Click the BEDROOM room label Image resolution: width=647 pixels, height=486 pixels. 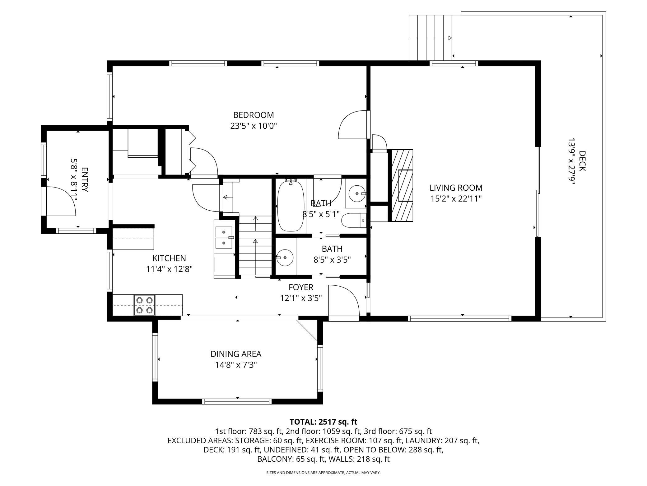tap(254, 115)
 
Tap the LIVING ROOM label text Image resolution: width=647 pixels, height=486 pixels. tap(456, 188)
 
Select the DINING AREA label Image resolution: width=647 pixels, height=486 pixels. tap(236, 354)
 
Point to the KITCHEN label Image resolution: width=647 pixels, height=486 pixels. tap(169, 258)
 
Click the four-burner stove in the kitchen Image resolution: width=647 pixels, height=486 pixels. tap(145, 305)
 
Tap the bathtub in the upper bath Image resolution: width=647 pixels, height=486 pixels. tap(291, 205)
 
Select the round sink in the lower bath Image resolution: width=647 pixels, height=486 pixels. tap(285, 258)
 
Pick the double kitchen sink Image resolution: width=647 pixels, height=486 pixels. tap(224, 237)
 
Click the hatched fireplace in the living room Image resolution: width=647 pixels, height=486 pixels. tap(402, 185)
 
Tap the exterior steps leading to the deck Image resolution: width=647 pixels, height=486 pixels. tap(430, 37)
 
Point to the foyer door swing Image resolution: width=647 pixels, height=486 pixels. tap(344, 301)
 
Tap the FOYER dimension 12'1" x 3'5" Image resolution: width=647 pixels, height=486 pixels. tap(301, 298)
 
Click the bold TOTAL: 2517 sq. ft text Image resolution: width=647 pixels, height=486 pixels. tap(323, 422)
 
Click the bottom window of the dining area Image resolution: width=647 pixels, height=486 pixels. tap(237, 402)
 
